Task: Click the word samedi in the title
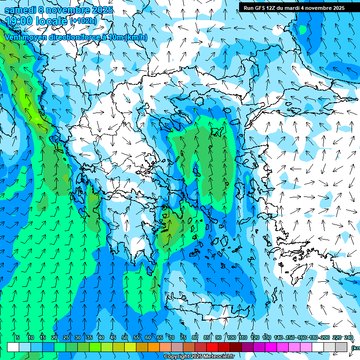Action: coord(19,10)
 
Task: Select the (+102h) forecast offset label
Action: coord(83,21)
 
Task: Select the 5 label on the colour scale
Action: coord(18,337)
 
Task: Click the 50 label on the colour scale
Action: coord(125,337)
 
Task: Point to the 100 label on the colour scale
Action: coord(231,337)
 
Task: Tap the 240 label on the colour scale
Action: coord(349,337)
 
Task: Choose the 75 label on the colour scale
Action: coord(183,337)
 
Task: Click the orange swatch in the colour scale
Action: coord(154,347)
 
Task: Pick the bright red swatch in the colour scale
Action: coord(212,347)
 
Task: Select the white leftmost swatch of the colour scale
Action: coord(13,347)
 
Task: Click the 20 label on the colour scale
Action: coord(54,337)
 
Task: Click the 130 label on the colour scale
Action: coord(267,337)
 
